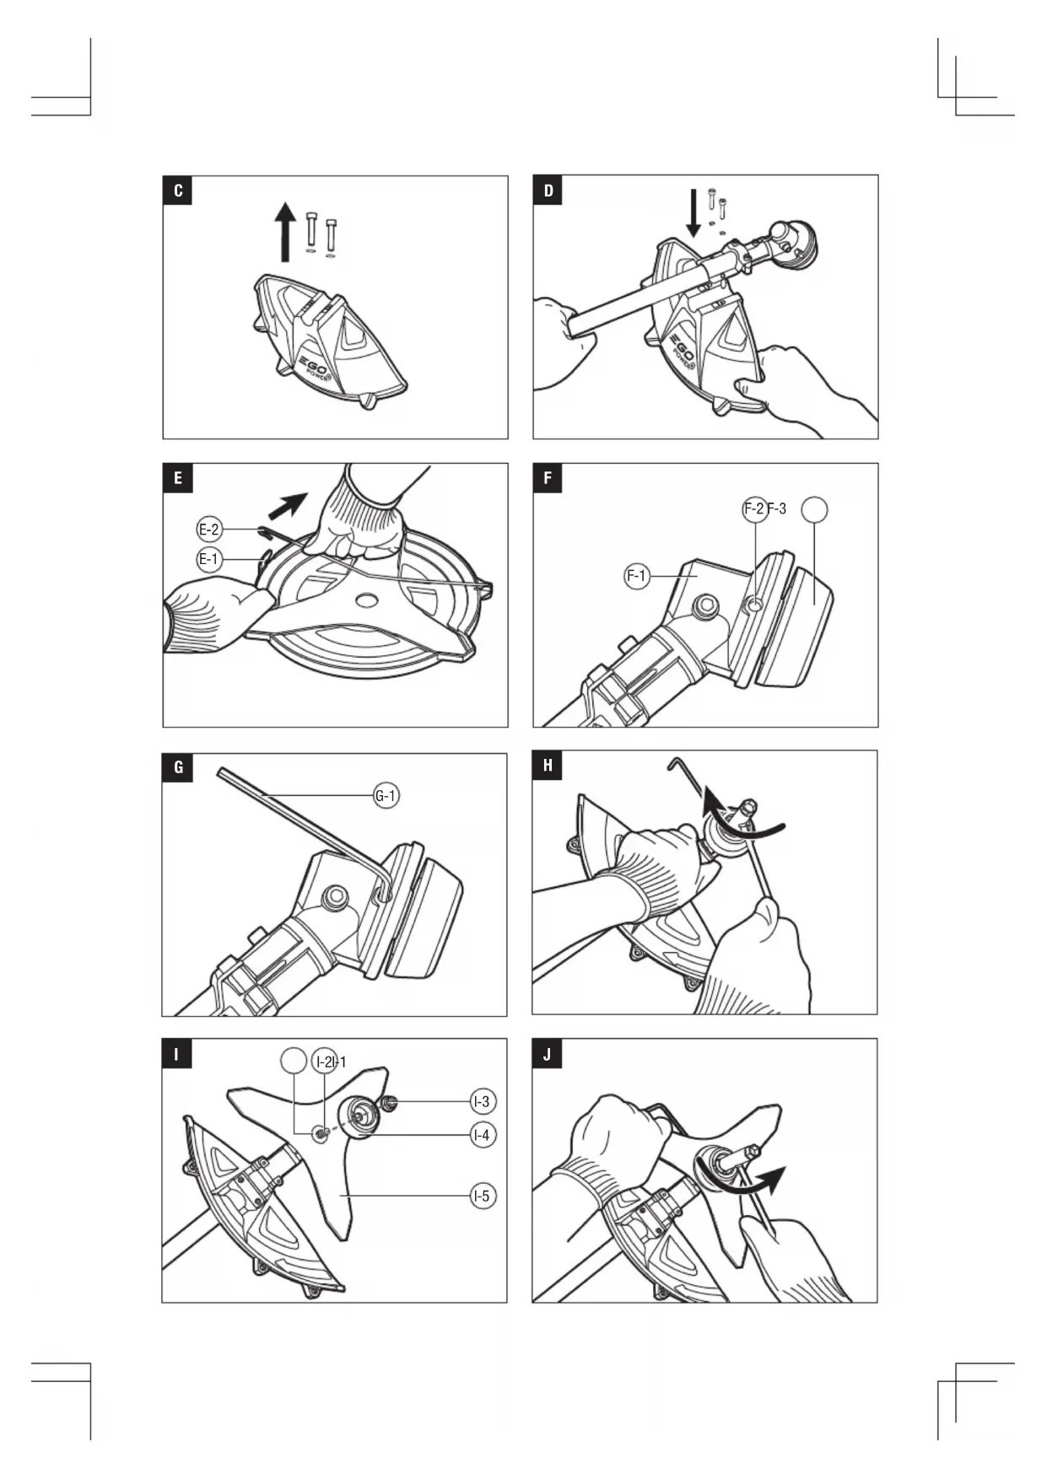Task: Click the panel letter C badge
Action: coord(178,191)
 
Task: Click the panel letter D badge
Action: coord(548,191)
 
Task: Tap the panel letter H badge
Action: coord(548,766)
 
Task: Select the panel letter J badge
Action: coord(548,1054)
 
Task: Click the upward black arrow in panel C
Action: coord(286,232)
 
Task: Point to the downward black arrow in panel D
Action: coord(694,213)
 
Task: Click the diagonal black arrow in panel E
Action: coord(288,505)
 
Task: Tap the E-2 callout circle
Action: coord(209,530)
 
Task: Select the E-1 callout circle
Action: coord(209,558)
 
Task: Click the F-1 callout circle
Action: coord(637,577)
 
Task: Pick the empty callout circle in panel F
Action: coord(814,509)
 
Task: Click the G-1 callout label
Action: coord(386,795)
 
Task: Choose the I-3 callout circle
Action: coord(483,1101)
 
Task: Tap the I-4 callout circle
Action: coord(483,1135)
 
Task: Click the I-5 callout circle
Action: coord(483,1195)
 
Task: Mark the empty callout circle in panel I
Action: coord(293,1061)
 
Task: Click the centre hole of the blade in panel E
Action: coord(366,600)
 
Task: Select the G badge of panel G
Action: coord(177,767)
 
